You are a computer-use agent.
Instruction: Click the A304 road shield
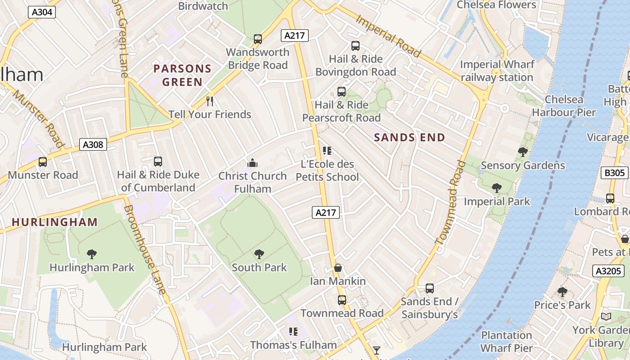(42, 12)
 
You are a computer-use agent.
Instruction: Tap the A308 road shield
(93, 144)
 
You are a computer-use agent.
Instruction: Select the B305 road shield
(614, 173)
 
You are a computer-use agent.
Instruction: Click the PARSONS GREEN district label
(182, 76)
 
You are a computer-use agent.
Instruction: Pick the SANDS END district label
(409, 138)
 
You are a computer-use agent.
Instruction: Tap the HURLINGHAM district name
(54, 222)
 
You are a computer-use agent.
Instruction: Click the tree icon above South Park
(259, 254)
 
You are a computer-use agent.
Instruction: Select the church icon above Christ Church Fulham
(252, 162)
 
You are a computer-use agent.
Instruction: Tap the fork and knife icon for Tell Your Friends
(209, 101)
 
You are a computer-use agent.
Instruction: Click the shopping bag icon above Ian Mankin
(338, 268)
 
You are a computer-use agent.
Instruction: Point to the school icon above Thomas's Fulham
(293, 332)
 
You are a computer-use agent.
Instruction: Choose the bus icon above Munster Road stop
(43, 162)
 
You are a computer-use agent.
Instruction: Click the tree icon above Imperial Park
(497, 188)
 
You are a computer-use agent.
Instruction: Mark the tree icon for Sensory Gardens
(522, 152)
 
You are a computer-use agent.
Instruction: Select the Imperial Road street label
(388, 36)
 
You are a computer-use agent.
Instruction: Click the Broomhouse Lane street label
(145, 250)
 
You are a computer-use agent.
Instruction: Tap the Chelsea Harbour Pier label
(564, 106)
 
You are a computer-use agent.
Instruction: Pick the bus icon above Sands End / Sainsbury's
(430, 288)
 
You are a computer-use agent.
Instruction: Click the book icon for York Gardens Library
(606, 317)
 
